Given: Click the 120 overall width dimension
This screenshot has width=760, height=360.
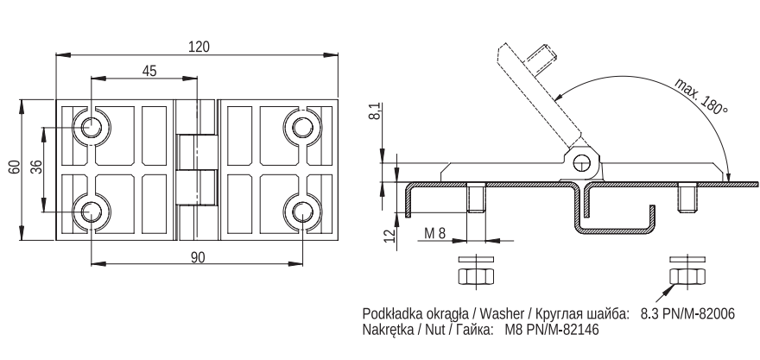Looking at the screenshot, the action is [x=199, y=47].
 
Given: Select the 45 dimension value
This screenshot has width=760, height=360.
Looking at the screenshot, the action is [x=149, y=72].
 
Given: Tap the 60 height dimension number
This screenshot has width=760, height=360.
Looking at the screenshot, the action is [x=14, y=167].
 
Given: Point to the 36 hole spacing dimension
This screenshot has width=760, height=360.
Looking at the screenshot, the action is [x=36, y=167].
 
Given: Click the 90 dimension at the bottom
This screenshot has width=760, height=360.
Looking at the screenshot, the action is [x=197, y=257].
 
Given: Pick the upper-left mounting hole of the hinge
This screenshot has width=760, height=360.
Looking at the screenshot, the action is [x=90, y=128].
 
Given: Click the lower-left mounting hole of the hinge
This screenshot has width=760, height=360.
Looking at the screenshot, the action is [x=90, y=212].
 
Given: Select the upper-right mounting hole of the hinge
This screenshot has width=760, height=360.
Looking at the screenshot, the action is [x=302, y=128].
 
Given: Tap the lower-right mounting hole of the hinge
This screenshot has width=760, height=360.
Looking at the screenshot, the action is [x=302, y=212].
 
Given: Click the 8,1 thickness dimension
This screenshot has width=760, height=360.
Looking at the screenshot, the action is [x=377, y=115].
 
